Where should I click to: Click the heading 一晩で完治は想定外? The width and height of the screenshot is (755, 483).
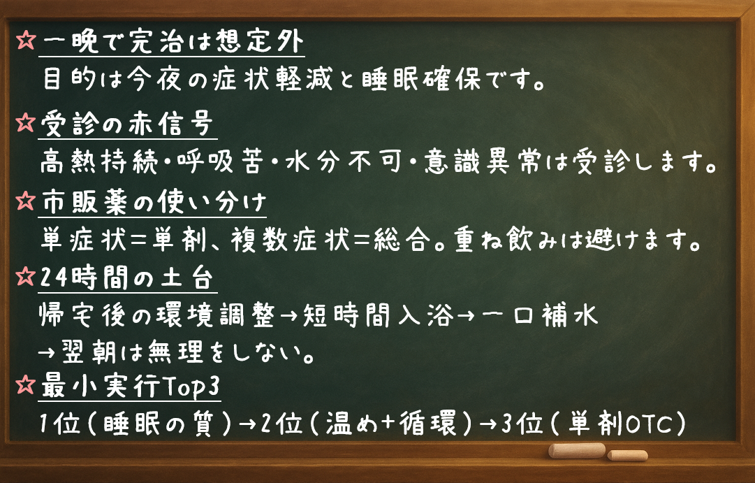172,43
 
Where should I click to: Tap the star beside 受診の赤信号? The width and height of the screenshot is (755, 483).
25,124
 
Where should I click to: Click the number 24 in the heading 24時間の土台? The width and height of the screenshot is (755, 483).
53,280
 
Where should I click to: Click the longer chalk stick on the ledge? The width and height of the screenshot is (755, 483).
576,450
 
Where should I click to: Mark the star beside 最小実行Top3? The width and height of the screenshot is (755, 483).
25,385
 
